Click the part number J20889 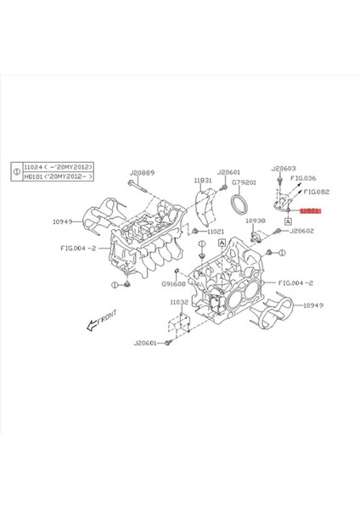[x=142, y=172]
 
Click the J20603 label [x=283, y=169]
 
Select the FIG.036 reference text [x=303, y=179]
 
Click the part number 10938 [x=256, y=220]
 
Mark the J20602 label [x=301, y=231]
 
